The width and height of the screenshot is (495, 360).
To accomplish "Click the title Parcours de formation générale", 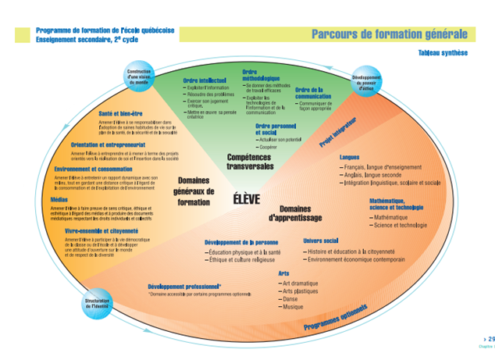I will coord(390,34).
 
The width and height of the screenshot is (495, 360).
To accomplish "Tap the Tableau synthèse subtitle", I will coord(443,53).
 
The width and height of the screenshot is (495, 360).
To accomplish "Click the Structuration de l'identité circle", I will coord(96,302).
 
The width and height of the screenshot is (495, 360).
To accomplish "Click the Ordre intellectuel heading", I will coord(205,80).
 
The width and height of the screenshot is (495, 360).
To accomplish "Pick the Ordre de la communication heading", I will coord(315,94).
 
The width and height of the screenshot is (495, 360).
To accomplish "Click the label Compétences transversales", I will coord(251,162).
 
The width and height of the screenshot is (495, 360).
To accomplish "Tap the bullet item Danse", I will coord(291,299).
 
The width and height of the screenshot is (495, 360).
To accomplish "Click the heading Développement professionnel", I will coord(184,287).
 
